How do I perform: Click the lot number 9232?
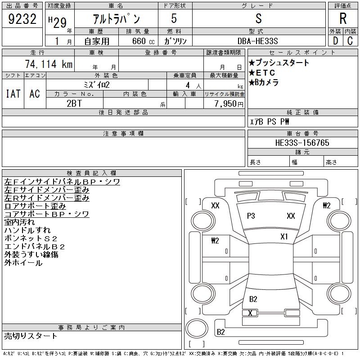tap(22, 18)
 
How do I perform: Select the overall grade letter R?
tap(343, 18)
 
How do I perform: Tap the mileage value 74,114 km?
tap(49, 64)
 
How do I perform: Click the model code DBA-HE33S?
tap(257, 41)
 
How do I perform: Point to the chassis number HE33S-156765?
tap(302, 143)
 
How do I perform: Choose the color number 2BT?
tap(74, 103)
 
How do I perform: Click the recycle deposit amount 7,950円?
tap(229, 104)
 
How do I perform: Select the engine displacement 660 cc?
tap(143, 41)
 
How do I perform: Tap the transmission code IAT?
tap(13, 94)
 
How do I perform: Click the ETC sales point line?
tap(262, 73)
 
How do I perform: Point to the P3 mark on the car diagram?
tap(251, 216)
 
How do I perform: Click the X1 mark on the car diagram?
tap(284, 237)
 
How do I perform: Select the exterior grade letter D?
tap(335, 41)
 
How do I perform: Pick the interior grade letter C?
tap(350, 41)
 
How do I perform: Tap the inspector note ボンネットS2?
tap(31, 238)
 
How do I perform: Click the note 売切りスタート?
tap(31, 336)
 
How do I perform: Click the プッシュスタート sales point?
tap(279, 63)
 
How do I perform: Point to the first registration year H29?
tap(58, 22)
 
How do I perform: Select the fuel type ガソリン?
tap(175, 41)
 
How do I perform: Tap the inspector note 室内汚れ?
tap(19, 222)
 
